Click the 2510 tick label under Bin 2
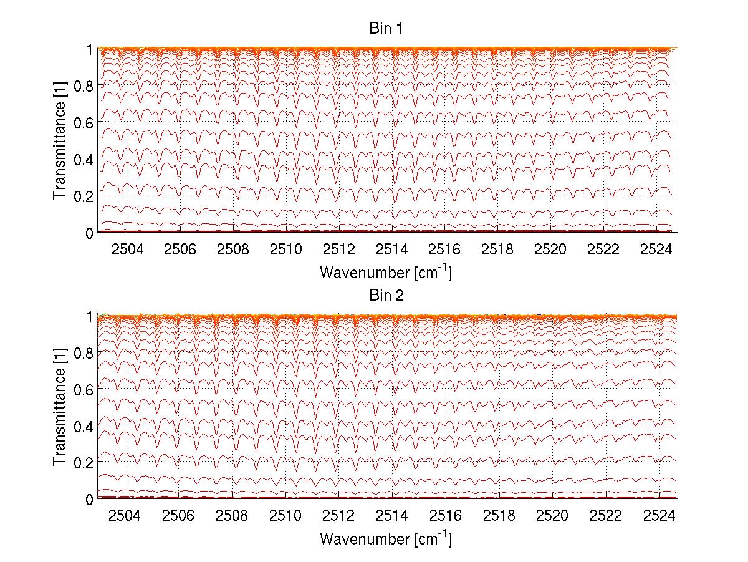[285, 516]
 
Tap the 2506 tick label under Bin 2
[179, 516]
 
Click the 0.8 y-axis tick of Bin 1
[84, 86]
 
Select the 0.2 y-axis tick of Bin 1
[84, 196]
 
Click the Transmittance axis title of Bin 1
[60, 141]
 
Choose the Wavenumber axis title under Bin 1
[386, 272]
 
